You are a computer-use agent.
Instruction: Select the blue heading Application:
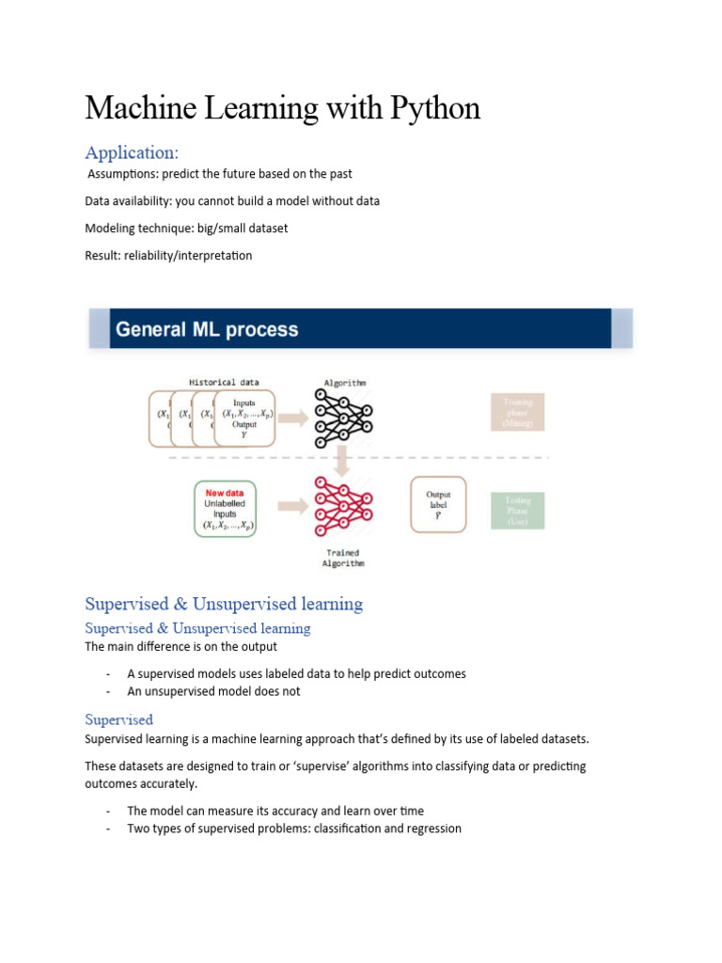(132, 151)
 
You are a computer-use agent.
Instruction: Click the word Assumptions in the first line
(122, 174)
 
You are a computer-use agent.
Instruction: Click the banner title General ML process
(207, 330)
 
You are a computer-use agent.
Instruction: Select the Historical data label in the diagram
(224, 383)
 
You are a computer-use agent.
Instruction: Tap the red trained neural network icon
(344, 507)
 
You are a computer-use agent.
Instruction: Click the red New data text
(226, 492)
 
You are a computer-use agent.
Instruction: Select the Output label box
(438, 505)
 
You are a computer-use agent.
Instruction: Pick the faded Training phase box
(517, 413)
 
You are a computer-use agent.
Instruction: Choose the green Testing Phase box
(517, 511)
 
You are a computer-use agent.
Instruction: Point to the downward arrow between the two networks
(344, 460)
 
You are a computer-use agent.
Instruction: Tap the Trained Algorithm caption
(344, 558)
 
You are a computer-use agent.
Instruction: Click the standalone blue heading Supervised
(118, 719)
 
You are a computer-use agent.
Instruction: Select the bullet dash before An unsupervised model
(109, 691)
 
